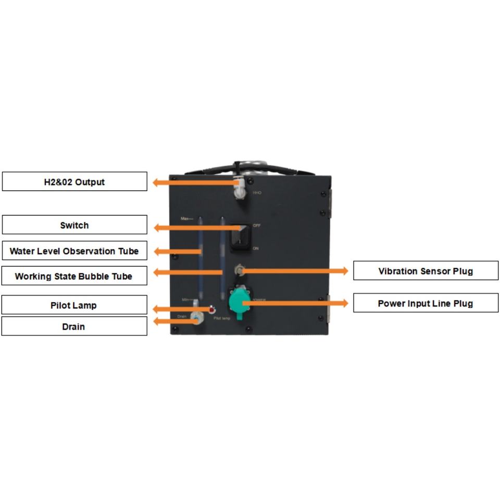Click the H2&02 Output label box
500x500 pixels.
coord(74,182)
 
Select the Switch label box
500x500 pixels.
coord(74,225)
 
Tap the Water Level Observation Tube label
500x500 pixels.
coord(74,251)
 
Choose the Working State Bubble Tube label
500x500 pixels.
coord(74,276)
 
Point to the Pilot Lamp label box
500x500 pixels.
coord(74,305)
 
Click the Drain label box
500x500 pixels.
coord(74,327)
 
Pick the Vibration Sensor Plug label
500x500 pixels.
coord(426,271)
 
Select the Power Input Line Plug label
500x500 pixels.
coord(426,303)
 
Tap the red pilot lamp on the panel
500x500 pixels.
coord(212,310)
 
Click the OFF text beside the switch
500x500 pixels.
coord(256,226)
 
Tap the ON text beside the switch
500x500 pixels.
coord(256,248)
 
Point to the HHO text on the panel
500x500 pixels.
coord(257,193)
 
